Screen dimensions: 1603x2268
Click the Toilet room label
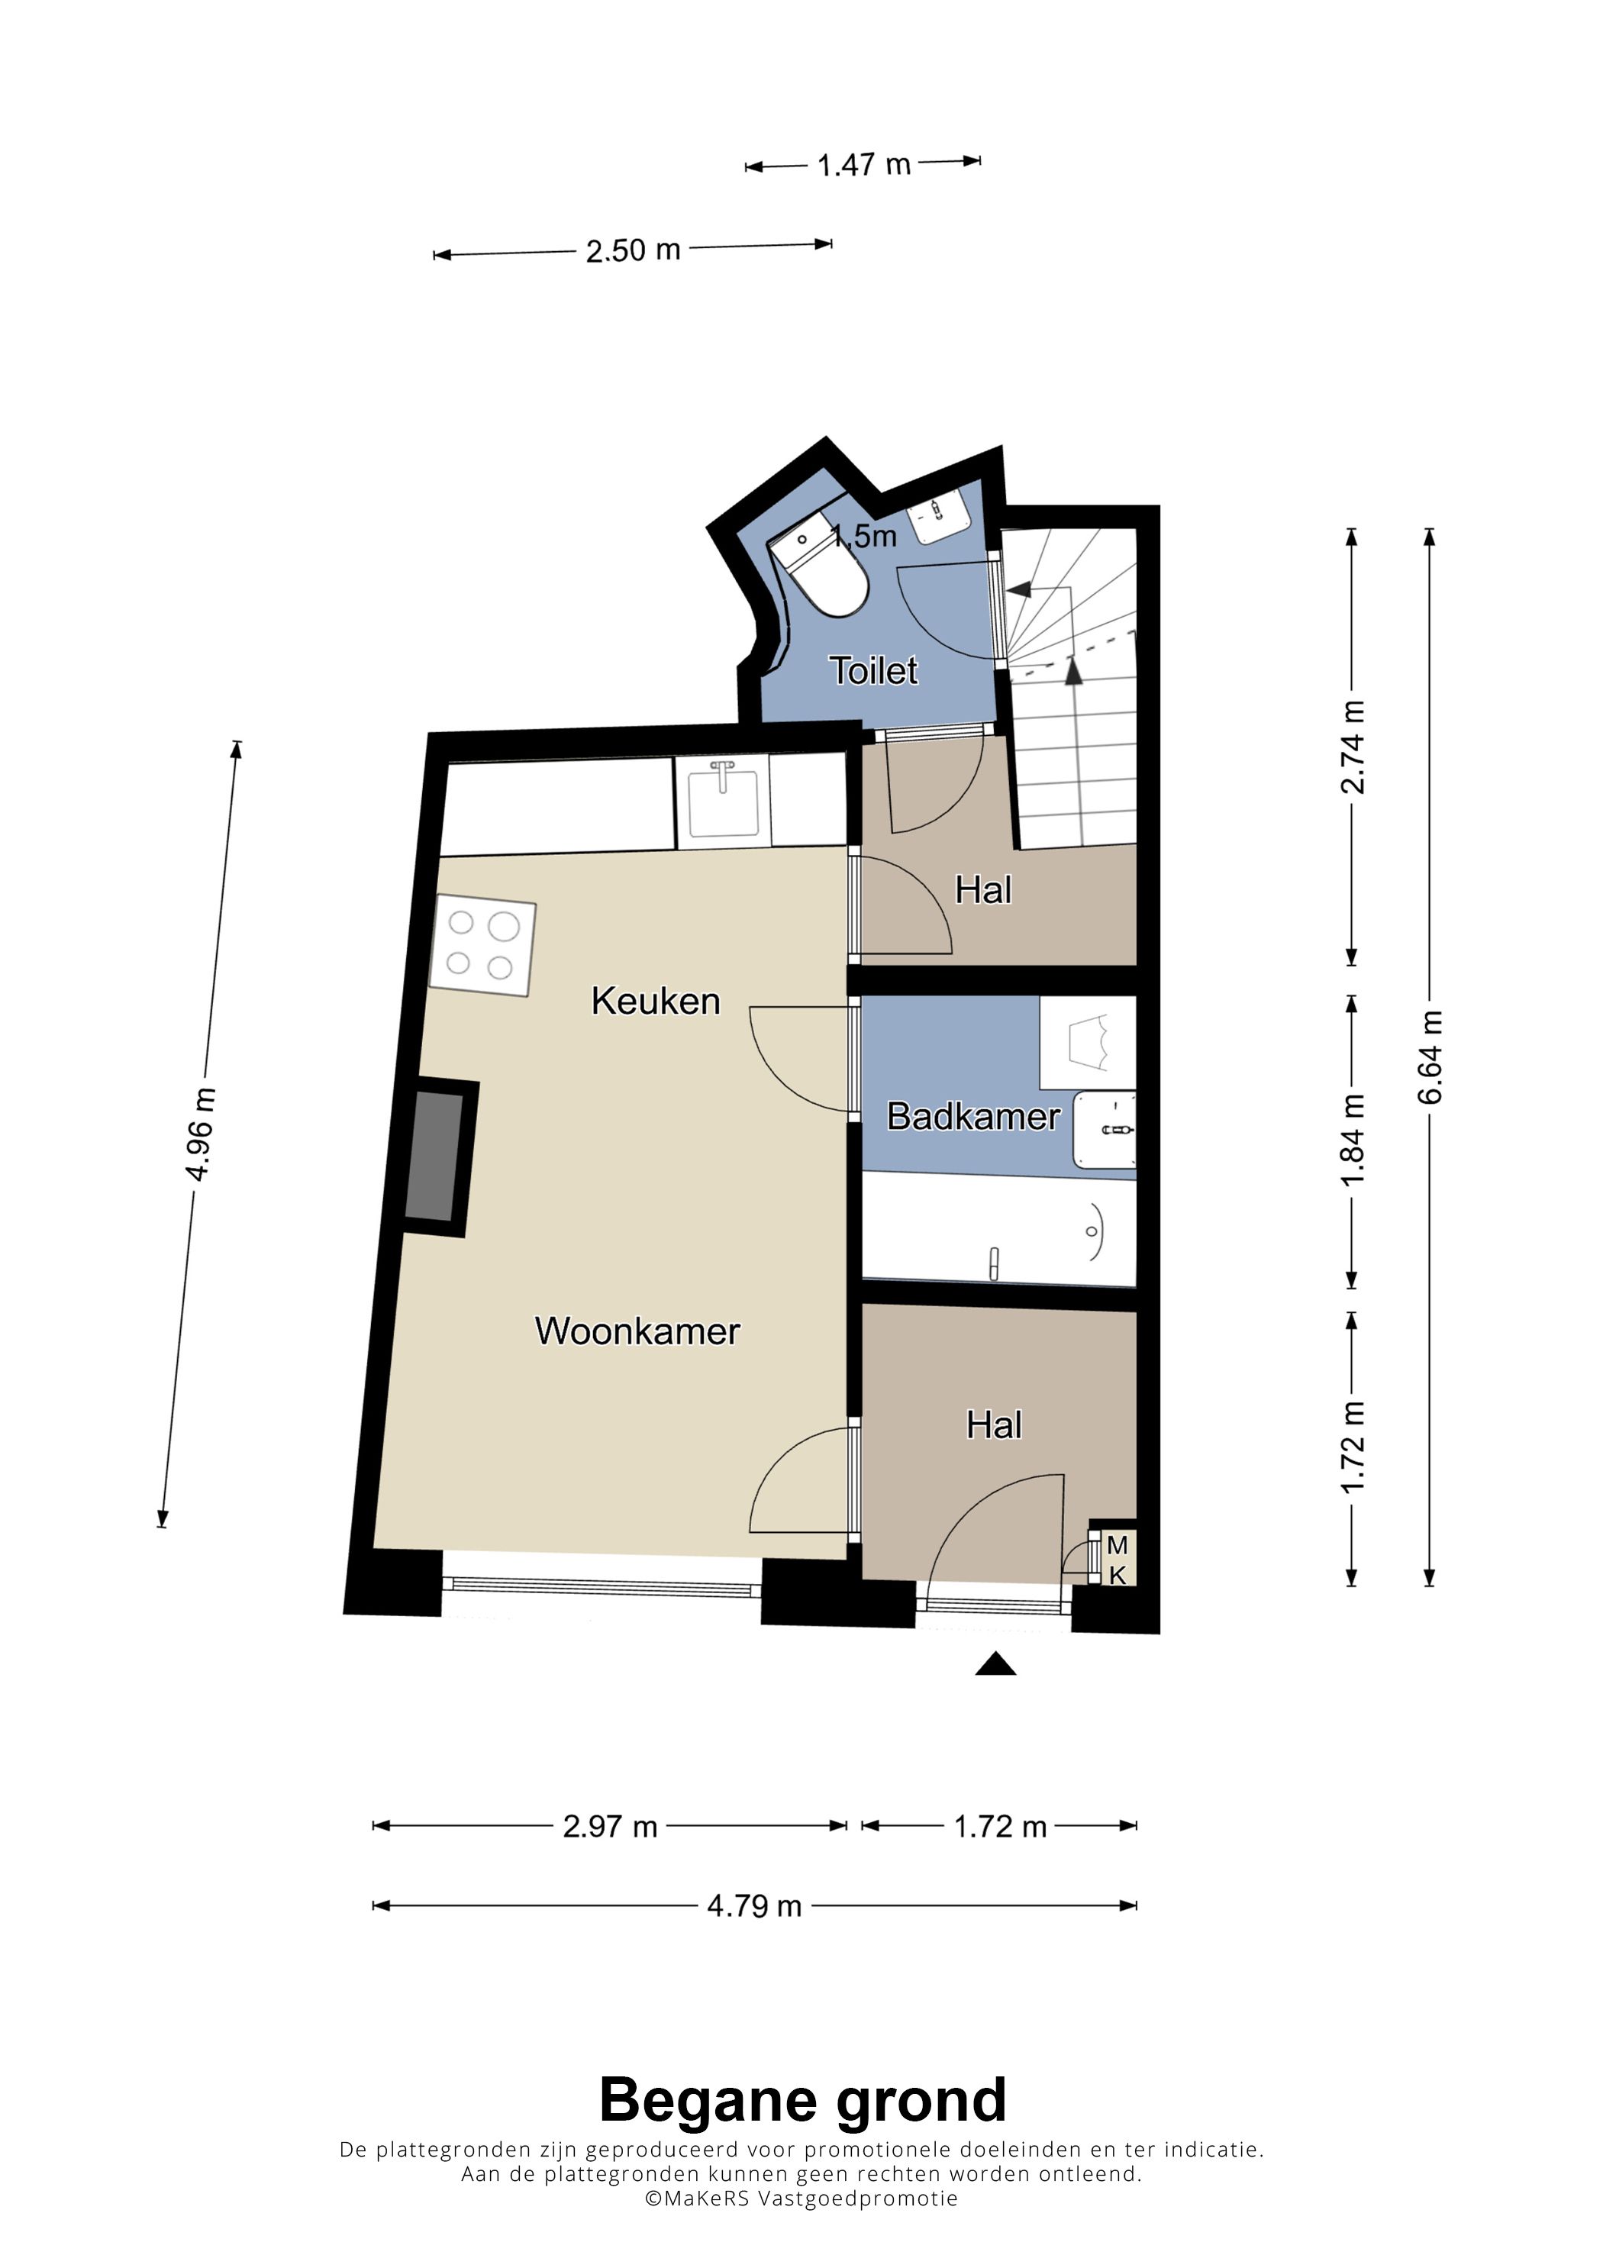point(873,671)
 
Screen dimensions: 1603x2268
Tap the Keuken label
point(656,1001)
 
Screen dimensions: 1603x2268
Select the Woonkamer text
point(637,1331)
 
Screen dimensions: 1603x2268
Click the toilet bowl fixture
point(820,570)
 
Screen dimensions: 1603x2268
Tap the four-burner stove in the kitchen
point(483,945)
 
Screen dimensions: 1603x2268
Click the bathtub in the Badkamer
point(998,1230)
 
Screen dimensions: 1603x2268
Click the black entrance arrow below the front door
point(995,1664)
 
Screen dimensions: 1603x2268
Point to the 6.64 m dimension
point(1430,1057)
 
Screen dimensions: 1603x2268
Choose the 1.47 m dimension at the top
point(863,164)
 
